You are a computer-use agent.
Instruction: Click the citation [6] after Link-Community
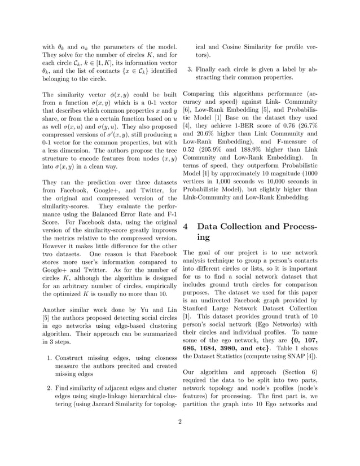(187, 112)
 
